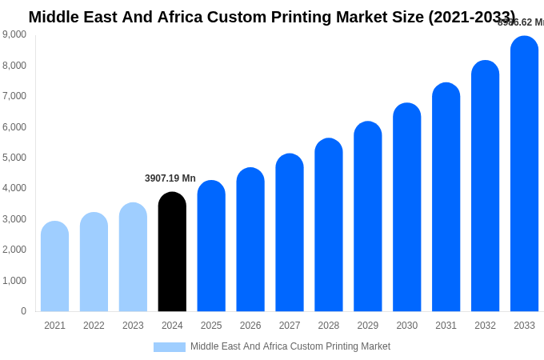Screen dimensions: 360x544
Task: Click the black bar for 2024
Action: (172, 252)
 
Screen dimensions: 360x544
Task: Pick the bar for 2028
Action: (329, 225)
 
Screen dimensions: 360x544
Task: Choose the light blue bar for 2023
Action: (133, 257)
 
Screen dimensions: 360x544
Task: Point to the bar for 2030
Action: (406, 207)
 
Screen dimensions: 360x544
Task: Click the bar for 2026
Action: (250, 239)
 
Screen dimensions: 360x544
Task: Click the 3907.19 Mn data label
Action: (170, 178)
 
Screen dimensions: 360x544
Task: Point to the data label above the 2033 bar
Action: (521, 22)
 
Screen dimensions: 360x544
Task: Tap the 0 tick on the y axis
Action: (23, 311)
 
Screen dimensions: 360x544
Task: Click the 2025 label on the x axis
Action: (211, 326)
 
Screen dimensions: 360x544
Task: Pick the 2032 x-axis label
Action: (485, 326)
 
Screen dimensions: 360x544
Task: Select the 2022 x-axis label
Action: (94, 326)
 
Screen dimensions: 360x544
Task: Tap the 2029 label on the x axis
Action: (368, 326)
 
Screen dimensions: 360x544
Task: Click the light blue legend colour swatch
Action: (170, 347)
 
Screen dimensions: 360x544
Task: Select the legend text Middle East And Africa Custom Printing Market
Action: (290, 346)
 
